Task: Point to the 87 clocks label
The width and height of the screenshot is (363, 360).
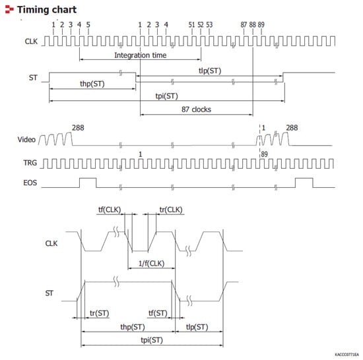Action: click(x=196, y=109)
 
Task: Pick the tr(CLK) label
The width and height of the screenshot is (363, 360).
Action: click(x=171, y=210)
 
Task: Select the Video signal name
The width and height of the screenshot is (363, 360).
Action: click(x=26, y=140)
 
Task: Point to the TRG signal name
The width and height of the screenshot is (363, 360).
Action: click(x=26, y=162)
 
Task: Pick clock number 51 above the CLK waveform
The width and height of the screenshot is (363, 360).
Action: click(x=192, y=24)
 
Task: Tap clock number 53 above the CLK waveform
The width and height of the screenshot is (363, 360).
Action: click(x=209, y=24)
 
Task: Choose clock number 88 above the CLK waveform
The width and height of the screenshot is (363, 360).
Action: click(x=253, y=24)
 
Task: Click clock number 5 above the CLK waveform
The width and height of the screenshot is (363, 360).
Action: click(x=88, y=24)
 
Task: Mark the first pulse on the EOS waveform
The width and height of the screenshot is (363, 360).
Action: click(x=87, y=181)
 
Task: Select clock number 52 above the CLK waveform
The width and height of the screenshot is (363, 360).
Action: click(x=201, y=24)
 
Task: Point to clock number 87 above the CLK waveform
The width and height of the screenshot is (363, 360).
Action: click(x=244, y=24)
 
